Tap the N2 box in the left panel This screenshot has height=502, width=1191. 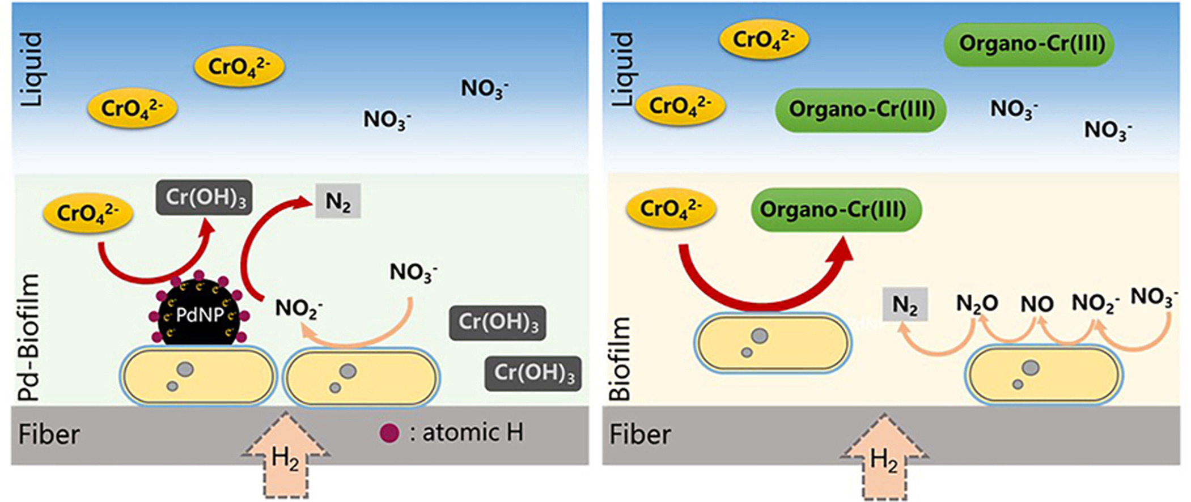point(338,202)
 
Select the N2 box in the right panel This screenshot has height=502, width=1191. point(905,305)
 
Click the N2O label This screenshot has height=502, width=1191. point(977,304)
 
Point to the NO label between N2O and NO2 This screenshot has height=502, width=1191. point(1037,304)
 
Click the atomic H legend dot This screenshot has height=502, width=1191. point(389,434)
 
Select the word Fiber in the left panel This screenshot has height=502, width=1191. point(49,435)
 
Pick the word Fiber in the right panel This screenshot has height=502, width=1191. point(639,435)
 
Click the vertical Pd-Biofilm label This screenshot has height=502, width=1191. point(29,337)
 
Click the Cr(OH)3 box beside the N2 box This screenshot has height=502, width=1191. point(204,198)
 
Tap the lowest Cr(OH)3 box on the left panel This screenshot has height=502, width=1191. point(533,373)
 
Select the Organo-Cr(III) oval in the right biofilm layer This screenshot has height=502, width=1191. point(836,210)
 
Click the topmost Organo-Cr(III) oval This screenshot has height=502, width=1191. point(1028,44)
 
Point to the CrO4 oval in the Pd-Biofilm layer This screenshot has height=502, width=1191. point(88,214)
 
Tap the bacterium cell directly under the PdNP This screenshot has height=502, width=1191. point(197,377)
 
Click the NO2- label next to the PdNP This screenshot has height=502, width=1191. point(299,309)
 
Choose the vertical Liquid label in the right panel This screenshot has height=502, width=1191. point(623,69)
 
